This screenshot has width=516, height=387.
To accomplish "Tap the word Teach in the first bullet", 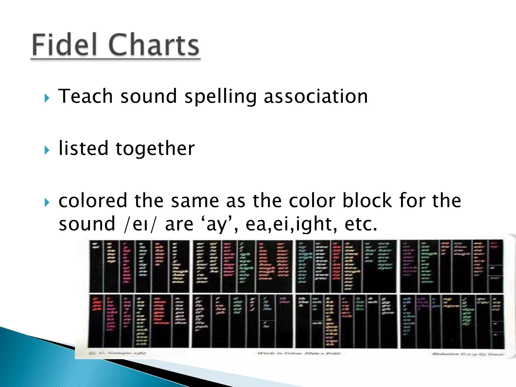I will click(85, 96).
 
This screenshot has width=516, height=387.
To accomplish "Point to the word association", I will click(316, 96).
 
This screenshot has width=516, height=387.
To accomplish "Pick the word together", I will click(155, 149).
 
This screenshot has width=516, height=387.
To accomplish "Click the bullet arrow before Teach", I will click(47, 98).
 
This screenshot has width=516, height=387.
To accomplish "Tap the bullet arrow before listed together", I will click(47, 150).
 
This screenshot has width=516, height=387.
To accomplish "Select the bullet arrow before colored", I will click(47, 202).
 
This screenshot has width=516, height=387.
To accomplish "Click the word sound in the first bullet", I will click(149, 96).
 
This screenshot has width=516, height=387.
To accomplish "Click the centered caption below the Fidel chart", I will click(299, 353).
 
